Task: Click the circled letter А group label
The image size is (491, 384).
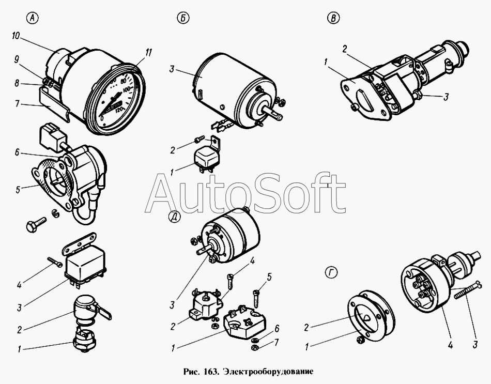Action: tap(32, 19)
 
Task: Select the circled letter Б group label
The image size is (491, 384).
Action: tap(183, 19)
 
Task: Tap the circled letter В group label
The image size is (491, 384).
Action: tap(333, 19)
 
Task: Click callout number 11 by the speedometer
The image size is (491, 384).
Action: tap(148, 53)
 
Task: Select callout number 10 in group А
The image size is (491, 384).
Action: tap(16, 36)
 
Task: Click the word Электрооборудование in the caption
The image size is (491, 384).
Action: tap(268, 372)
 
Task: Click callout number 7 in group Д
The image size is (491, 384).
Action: tap(276, 342)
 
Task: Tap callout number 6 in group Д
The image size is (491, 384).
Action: tap(277, 329)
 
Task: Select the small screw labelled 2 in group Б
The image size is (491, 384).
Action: tap(199, 138)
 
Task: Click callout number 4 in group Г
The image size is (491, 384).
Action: tap(450, 345)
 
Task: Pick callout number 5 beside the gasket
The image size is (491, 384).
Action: tap(18, 190)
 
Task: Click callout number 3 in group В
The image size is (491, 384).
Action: tap(446, 97)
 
